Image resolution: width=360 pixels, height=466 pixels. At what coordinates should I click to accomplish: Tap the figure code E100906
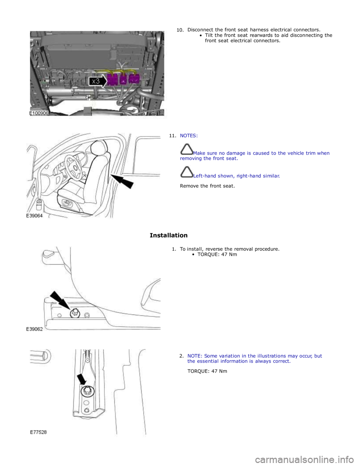click(39, 113)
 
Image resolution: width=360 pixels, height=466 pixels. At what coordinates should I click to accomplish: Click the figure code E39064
click(34, 216)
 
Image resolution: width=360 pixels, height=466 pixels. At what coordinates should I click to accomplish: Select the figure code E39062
click(34, 329)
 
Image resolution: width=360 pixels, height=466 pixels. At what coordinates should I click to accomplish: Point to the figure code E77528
click(38, 432)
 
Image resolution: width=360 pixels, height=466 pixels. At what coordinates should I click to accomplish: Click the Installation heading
click(169, 235)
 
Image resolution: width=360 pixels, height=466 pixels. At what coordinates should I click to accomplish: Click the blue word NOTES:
click(189, 135)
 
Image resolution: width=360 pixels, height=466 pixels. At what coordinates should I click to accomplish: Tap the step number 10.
click(180, 30)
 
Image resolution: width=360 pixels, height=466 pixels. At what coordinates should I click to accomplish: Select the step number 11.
click(172, 135)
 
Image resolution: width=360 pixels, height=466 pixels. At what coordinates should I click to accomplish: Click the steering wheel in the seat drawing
click(73, 165)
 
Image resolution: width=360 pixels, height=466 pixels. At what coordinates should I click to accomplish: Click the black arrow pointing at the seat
click(122, 182)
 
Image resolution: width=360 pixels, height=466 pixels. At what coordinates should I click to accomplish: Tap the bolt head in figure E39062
click(75, 314)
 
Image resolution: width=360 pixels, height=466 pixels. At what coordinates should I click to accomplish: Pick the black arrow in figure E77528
click(82, 379)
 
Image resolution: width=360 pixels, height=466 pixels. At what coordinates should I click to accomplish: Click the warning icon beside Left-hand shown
click(187, 172)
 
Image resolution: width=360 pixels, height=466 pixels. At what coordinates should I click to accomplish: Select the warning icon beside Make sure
click(187, 149)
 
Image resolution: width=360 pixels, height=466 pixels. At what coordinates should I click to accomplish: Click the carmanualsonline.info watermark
click(305, 458)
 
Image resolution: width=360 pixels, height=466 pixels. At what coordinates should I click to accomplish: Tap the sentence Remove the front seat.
click(207, 186)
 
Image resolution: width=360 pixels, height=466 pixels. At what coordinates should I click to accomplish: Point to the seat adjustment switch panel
click(67, 202)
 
